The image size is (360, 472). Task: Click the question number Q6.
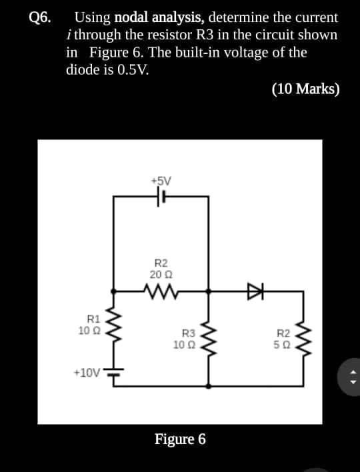(39, 18)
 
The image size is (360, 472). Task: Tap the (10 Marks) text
(306, 89)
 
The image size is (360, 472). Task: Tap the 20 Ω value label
(161, 274)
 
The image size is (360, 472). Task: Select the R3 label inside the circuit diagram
(189, 333)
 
